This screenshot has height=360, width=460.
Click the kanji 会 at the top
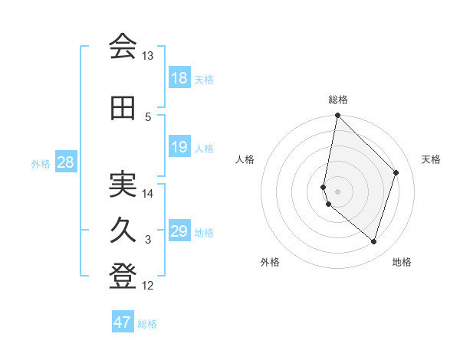pos(123,47)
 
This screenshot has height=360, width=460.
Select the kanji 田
pos(123,110)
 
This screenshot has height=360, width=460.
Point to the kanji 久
pos(123,231)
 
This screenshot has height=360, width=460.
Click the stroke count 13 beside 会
pos(148,56)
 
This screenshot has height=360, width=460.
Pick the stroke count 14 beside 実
pos(148,193)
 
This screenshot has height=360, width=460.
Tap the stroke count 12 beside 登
pos(148,286)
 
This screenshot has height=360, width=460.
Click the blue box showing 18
pos(179,78)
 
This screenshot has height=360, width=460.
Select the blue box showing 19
pos(179,147)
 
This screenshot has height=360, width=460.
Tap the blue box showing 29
pos(179,231)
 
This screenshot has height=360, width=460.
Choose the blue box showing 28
pos(66,162)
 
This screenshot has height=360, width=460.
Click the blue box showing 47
pos(123,322)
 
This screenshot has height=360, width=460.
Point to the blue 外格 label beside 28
pos(41,163)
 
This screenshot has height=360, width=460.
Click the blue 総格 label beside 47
pos(148,324)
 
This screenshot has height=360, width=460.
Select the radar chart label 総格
pos(338,100)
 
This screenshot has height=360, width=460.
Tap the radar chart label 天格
pos(431,159)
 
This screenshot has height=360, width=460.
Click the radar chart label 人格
pos(245,159)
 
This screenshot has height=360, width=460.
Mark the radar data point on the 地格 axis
pos(373,242)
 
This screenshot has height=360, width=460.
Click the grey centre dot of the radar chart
pos(338,191)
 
